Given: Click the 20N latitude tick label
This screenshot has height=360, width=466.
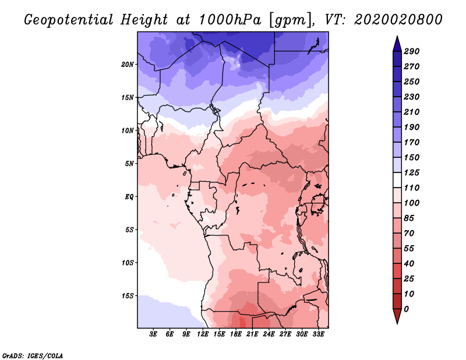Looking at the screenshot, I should (x=128, y=64).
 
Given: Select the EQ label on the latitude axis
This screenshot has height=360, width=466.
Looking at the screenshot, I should (x=129, y=196).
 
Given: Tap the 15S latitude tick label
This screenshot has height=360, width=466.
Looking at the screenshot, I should (x=128, y=295).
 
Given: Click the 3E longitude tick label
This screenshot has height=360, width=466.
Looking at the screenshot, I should (x=154, y=335).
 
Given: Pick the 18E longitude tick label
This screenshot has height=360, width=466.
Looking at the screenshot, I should (x=236, y=335).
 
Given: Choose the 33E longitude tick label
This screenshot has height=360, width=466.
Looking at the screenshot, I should (x=318, y=335).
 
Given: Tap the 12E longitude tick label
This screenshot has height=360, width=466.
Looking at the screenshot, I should (x=203, y=335).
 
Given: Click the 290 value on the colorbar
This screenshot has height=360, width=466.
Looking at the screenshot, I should (x=412, y=51).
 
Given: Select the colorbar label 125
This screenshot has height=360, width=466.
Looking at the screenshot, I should (x=412, y=172).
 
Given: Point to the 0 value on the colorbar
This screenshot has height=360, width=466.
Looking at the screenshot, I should (x=406, y=309).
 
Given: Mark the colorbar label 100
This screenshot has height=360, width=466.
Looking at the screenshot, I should (x=412, y=203).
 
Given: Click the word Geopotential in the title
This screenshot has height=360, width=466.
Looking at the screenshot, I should (x=68, y=20).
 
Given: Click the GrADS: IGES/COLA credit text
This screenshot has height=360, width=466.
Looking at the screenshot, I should (x=32, y=355).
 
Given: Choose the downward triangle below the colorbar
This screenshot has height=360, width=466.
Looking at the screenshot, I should (x=396, y=317).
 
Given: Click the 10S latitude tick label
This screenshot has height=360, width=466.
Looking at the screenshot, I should (x=128, y=262).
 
